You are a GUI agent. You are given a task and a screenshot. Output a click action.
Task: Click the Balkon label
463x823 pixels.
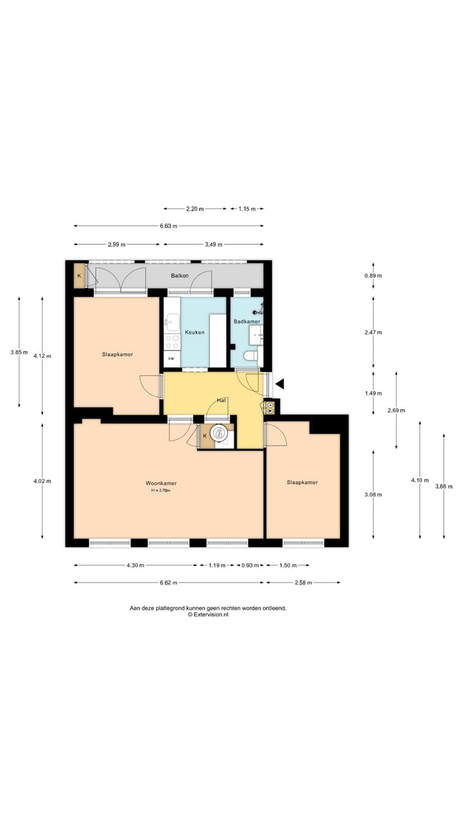pyautogui.click(x=179, y=276)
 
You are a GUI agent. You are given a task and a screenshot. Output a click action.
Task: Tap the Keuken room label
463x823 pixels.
pyautogui.click(x=195, y=332)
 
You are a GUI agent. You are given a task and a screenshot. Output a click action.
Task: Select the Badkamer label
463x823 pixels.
pyautogui.click(x=247, y=321)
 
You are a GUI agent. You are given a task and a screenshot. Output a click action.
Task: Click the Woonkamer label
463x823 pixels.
pyautogui.click(x=161, y=483)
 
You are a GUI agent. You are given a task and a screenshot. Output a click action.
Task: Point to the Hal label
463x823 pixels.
pyautogui.click(x=221, y=400)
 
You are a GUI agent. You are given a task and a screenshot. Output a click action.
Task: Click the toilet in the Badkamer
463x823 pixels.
pyautogui.click(x=251, y=356)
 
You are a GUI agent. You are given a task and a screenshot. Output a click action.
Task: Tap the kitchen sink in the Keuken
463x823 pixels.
pyautogui.click(x=172, y=321)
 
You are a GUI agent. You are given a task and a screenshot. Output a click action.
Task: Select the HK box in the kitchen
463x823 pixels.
pyautogui.click(x=172, y=359)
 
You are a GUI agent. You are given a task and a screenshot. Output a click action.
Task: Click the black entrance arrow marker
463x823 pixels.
pyautogui.click(x=280, y=384)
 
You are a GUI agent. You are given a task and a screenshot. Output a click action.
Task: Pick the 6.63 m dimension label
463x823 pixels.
pyautogui.click(x=168, y=226)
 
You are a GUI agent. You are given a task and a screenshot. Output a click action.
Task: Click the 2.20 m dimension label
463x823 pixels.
pyautogui.click(x=195, y=209)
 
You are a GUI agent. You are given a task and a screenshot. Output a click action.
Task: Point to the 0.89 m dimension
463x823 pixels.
pyautogui.click(x=373, y=276)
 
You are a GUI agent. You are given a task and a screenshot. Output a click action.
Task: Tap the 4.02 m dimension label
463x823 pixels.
pyautogui.click(x=42, y=481)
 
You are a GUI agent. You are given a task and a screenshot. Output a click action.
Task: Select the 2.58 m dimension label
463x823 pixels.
pyautogui.click(x=303, y=583)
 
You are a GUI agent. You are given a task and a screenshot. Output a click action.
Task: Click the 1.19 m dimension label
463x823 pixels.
pyautogui.click(x=217, y=565)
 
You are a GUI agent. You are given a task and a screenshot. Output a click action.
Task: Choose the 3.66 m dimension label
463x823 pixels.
pyautogui.click(x=444, y=486)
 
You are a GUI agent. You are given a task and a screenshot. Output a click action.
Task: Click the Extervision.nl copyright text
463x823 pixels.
pyautogui.click(x=208, y=614)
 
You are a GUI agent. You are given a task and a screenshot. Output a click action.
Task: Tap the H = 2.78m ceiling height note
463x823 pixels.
pyautogui.click(x=161, y=490)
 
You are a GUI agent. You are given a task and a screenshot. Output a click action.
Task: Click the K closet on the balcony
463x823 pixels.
pyautogui.click(x=79, y=276)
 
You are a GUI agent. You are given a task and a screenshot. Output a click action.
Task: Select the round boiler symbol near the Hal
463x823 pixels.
pyautogui.click(x=219, y=433)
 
